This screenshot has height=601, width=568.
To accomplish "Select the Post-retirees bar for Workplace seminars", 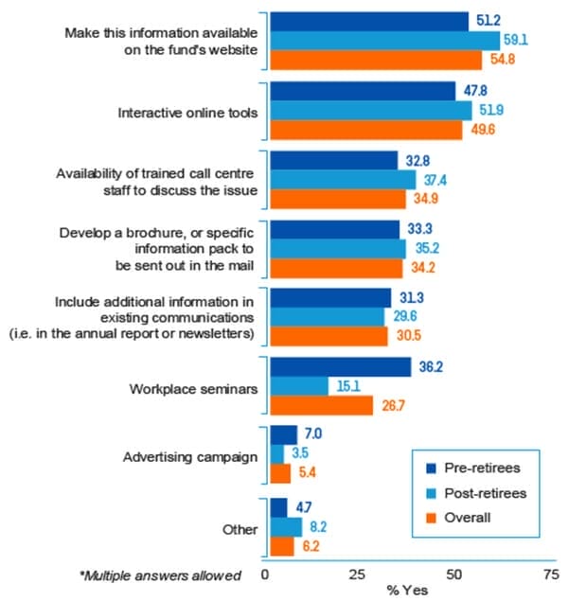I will [x=300, y=386].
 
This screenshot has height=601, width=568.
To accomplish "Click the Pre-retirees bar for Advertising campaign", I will [x=284, y=435].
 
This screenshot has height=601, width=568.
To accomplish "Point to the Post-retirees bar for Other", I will [x=287, y=526].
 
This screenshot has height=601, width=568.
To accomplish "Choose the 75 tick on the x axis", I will [x=548, y=574].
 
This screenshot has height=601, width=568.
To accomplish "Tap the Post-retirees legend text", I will [x=484, y=493].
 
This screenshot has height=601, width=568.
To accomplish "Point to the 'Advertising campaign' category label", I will [x=191, y=457].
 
